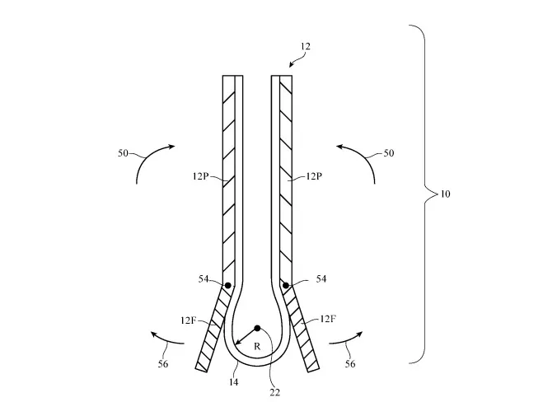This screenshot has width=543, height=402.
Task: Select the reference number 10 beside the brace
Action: (445, 194)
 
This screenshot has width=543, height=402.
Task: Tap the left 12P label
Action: (200, 176)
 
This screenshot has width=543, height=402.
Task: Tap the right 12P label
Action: (313, 176)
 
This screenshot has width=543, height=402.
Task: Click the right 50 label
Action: (390, 153)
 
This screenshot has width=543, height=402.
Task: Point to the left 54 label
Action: (204, 279)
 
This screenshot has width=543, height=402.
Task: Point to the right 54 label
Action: (321, 279)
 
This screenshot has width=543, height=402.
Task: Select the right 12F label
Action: (327, 318)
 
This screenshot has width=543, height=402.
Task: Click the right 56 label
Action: (352, 363)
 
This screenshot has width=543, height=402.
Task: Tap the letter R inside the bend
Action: (256, 347)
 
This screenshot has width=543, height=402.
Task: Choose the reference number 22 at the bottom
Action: (275, 392)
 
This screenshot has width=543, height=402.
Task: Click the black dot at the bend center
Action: (257, 328)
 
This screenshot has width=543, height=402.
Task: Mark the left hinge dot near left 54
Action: (227, 286)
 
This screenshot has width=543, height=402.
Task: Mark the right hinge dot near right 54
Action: (286, 286)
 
